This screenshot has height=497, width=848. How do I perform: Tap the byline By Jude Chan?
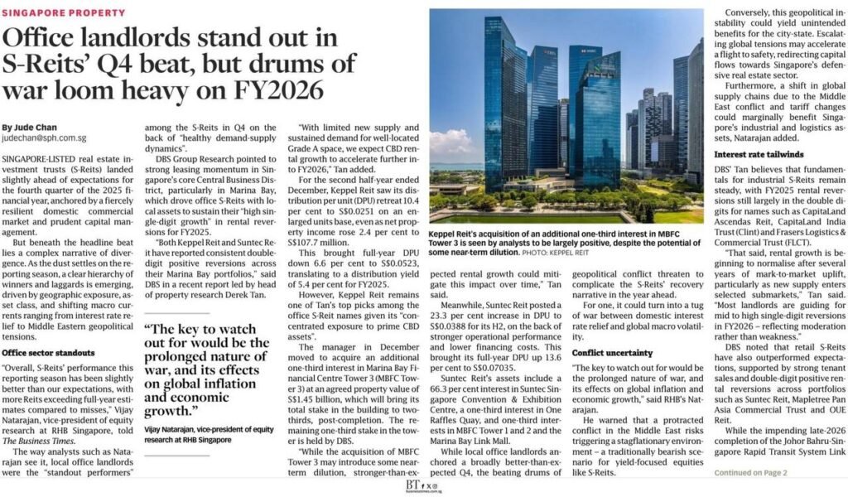tap(29, 127)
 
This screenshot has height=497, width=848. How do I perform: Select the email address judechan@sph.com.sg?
tap(44, 138)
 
